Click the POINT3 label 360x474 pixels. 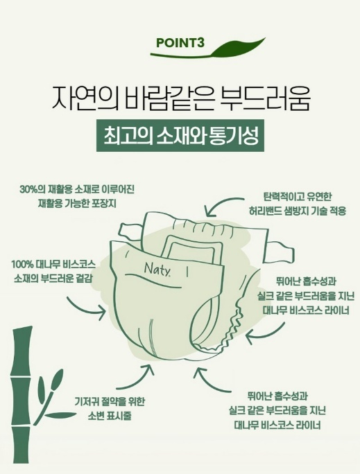[180, 43]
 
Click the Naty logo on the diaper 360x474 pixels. [157, 269]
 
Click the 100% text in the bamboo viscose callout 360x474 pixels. [22, 264]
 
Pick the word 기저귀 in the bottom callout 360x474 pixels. [85, 402]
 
